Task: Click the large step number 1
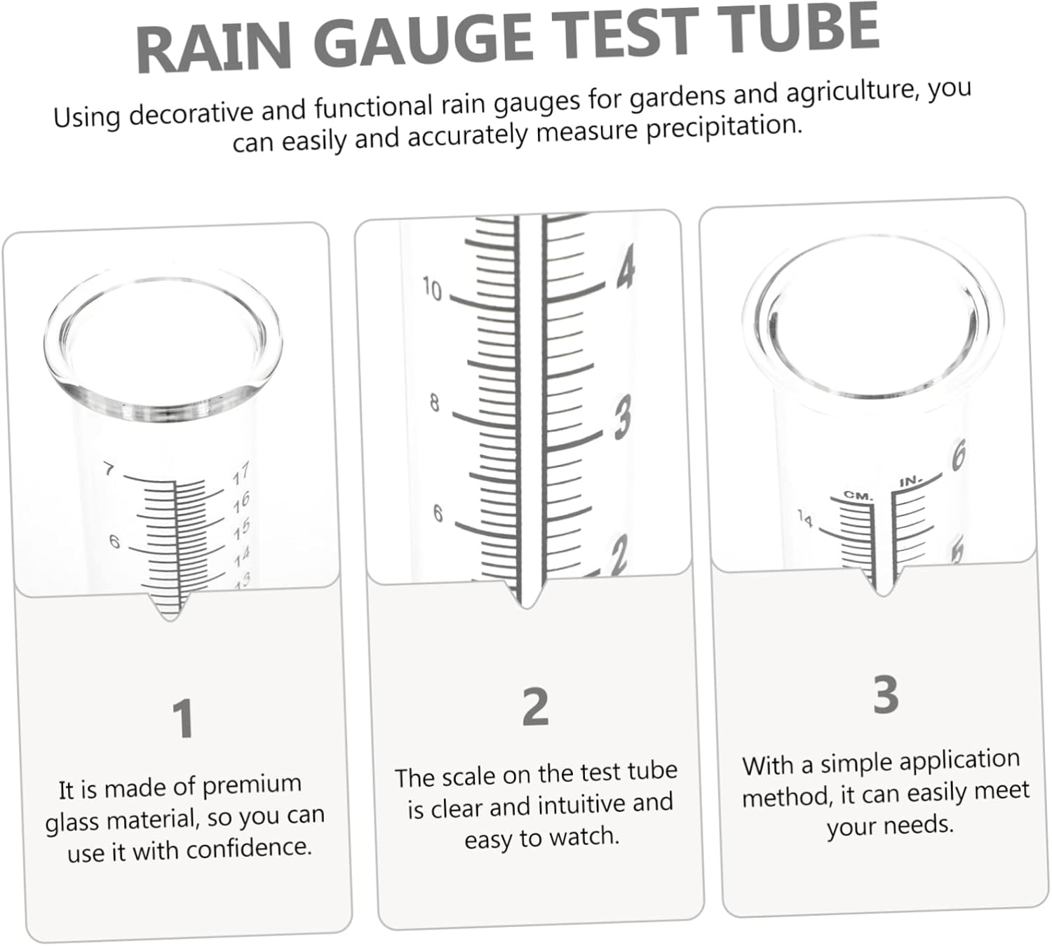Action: coord(183,719)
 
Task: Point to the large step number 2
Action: coord(535,707)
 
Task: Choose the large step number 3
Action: coord(886,694)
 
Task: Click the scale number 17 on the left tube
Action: coord(241,475)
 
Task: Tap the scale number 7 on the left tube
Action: coord(109,468)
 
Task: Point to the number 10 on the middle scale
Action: coord(432,289)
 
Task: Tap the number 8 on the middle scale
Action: coord(435,403)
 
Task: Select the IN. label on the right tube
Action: coord(910,482)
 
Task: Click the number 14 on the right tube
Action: coord(805,520)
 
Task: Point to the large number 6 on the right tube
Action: coord(958,455)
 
